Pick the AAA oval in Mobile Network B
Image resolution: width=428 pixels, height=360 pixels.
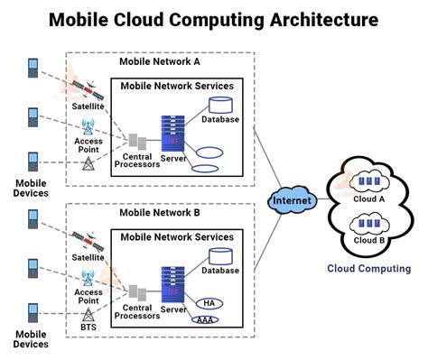tap(207, 320)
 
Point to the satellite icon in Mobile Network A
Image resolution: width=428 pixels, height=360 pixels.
tap(82, 87)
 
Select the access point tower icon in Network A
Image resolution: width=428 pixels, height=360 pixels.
tap(88, 127)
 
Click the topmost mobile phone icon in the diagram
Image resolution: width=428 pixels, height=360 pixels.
tap(33, 69)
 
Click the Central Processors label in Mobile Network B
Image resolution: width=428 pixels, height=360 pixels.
tap(138, 310)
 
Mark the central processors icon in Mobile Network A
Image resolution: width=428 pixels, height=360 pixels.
tap(138, 141)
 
